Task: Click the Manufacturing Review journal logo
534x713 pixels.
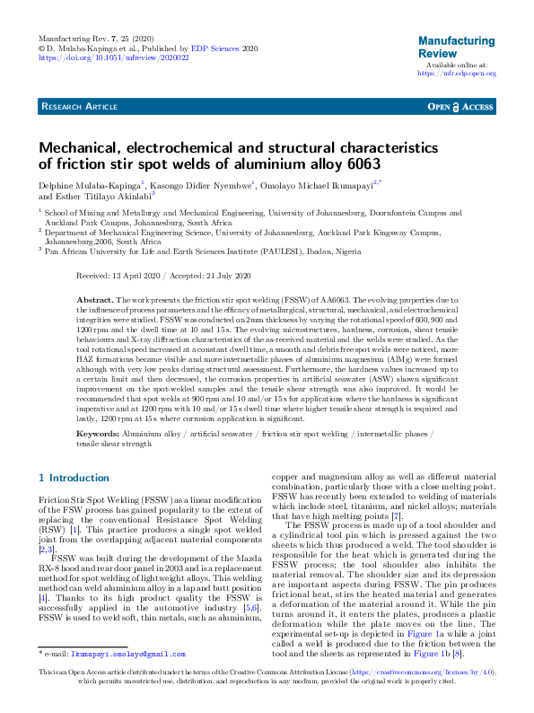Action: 456,47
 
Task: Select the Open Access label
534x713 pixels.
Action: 460,107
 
